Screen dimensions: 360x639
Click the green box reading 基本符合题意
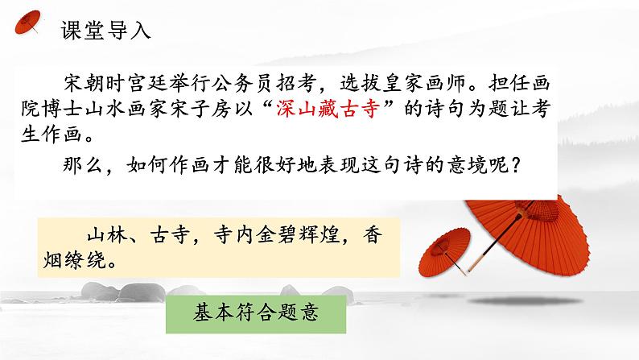pos(257,312)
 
